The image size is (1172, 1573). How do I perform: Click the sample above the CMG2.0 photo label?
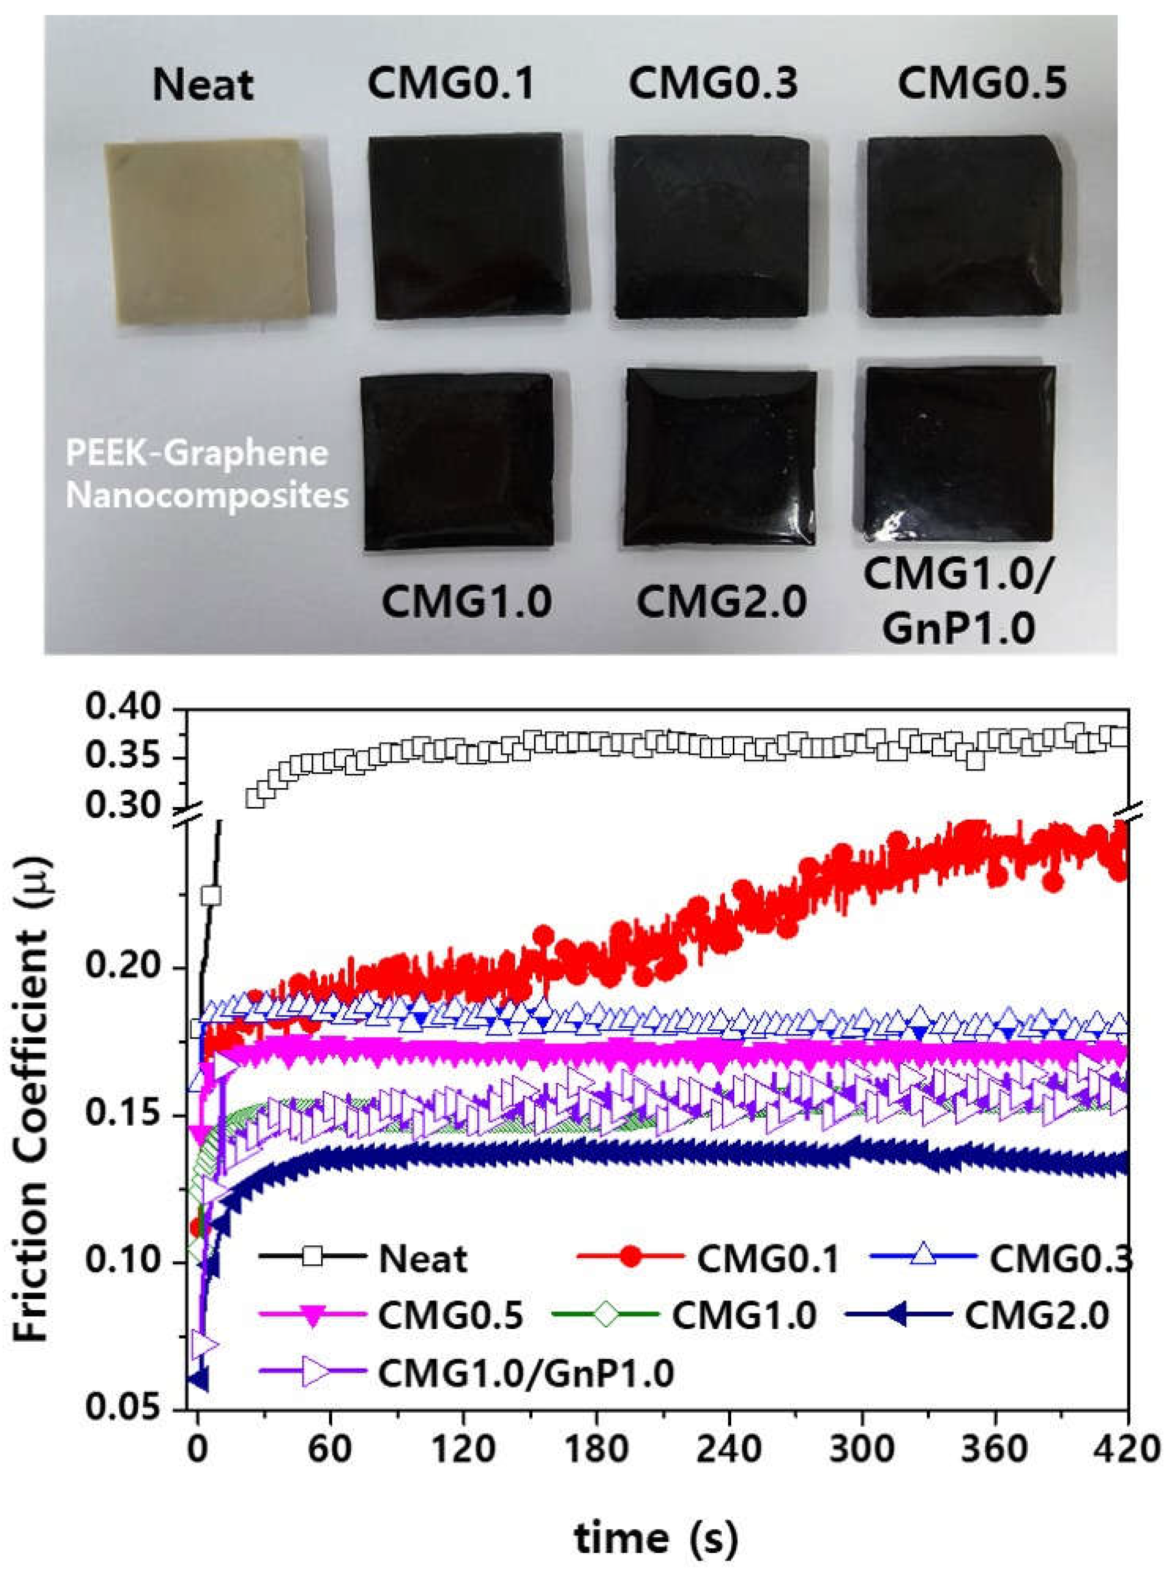click(x=720, y=458)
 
